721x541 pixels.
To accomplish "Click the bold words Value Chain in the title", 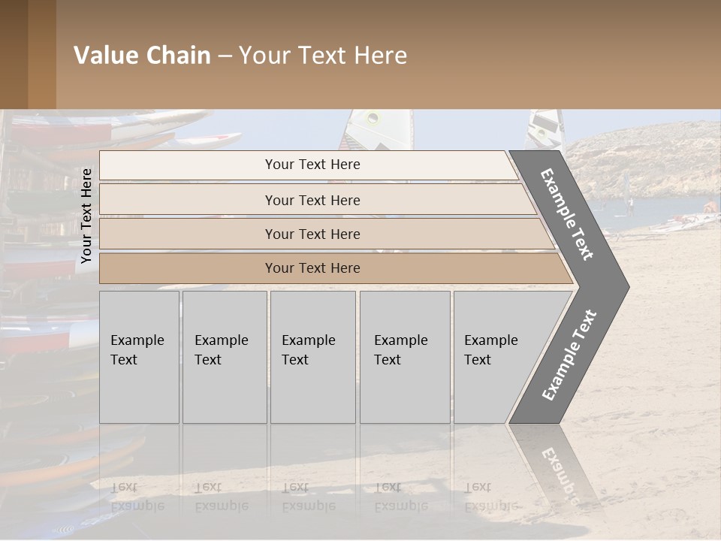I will (142, 56).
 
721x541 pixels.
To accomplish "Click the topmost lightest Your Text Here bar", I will (312, 165).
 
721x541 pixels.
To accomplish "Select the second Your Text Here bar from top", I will (312, 200).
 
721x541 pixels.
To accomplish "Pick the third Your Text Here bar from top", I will (312, 234).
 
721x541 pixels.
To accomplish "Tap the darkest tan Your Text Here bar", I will (312, 268).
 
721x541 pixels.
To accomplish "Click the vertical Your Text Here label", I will (86, 216).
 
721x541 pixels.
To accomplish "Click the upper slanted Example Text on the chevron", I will (568, 213).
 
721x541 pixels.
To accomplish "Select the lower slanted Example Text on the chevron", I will (569, 355).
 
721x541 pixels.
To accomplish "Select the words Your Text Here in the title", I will (323, 56).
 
